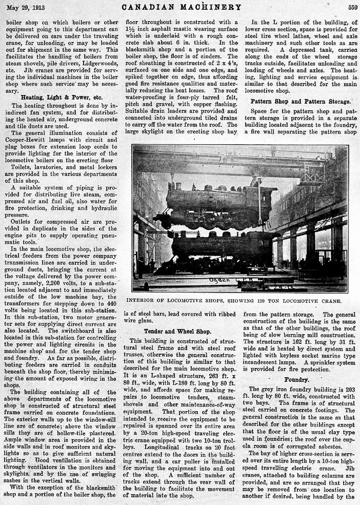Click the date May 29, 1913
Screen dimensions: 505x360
24,7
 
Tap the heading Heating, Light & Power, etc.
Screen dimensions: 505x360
62,97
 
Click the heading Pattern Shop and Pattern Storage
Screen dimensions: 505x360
301,102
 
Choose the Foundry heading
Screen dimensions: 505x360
296,380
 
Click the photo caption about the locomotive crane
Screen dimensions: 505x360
240,301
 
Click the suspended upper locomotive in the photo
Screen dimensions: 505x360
215,205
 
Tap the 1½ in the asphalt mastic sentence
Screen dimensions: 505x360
131,30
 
